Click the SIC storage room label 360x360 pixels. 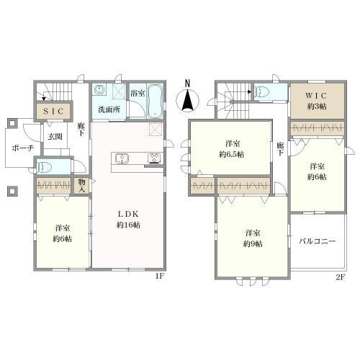click(53, 111)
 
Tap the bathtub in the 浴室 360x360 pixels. click(155, 101)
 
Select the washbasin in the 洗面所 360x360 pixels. click(99, 90)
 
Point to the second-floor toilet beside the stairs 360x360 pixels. click(261, 91)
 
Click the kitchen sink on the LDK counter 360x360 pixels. click(122, 159)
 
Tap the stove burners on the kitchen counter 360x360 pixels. click(154, 158)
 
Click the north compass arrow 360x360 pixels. click(188, 99)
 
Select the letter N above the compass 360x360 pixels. click(188, 83)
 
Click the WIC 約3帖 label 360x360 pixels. click(317, 101)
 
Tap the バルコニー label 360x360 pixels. click(317, 241)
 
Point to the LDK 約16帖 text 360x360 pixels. click(128, 220)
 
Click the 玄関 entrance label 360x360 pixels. click(55, 137)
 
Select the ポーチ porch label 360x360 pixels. click(23, 148)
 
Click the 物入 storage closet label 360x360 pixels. click(81, 186)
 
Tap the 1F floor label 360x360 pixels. click(159, 276)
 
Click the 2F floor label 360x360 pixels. click(341, 277)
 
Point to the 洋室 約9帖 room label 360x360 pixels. click(253, 238)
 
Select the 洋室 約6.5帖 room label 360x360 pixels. click(232, 149)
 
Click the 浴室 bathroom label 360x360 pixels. click(138, 93)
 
